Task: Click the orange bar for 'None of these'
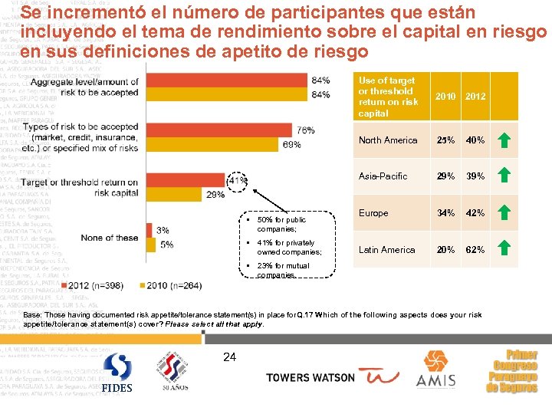[147, 230]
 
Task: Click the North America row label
[388, 140]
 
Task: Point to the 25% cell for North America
[445, 140]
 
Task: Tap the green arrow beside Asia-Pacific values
[504, 176]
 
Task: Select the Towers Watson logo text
[310, 377]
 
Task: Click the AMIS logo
[435, 371]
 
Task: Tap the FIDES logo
[117, 373]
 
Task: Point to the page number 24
[229, 356]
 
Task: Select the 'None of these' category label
[110, 238]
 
